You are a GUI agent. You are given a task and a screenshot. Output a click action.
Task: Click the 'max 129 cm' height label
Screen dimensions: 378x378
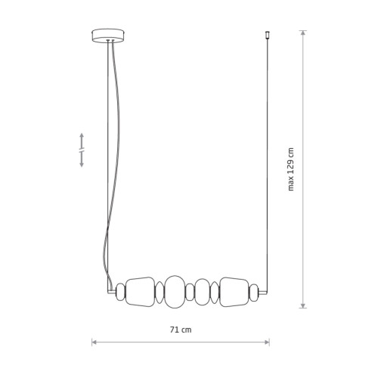tap(291, 169)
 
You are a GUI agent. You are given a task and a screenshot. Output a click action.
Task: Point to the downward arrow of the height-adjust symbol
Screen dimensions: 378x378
tap(82, 161)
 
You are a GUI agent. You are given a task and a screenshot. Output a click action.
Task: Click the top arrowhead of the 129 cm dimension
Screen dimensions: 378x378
tap(303, 34)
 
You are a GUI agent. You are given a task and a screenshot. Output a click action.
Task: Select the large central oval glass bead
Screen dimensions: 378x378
tap(175, 291)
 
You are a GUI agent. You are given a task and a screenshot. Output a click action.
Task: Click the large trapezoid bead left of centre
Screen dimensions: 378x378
tap(140, 291)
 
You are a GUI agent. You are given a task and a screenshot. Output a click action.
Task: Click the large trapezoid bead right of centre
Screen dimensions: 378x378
tap(234, 291)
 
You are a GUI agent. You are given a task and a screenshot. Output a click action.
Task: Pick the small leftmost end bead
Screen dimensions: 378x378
tap(120, 291)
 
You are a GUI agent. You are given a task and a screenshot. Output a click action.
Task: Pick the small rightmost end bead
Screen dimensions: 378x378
tap(254, 291)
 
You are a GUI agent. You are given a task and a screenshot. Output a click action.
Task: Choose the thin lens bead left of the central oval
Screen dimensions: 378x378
tap(159, 291)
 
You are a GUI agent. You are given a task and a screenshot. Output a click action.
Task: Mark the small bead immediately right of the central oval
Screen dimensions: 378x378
tap(189, 291)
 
